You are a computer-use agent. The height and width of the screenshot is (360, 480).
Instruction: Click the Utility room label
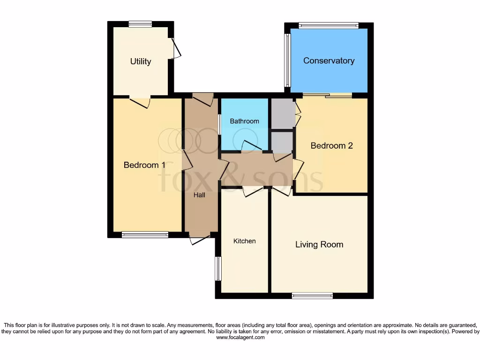(x=141, y=61)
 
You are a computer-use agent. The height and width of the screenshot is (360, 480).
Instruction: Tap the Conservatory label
(x=329, y=60)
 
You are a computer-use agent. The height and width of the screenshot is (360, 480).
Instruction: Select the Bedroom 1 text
(x=144, y=165)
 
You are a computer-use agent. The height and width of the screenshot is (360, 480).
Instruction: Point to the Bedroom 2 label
(x=332, y=146)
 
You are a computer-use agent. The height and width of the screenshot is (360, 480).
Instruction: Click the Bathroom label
(x=244, y=121)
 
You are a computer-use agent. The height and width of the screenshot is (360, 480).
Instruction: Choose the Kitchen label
(x=245, y=241)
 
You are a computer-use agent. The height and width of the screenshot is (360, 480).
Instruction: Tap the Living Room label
(x=319, y=244)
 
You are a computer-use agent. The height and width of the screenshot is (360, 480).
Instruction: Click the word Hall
(x=199, y=195)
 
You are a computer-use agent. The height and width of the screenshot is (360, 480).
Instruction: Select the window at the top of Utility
(x=141, y=24)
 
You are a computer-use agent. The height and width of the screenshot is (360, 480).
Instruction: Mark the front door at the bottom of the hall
(x=200, y=239)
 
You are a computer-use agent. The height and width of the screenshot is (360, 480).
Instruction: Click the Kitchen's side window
(x=218, y=269)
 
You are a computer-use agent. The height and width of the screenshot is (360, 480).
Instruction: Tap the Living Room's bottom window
(x=312, y=295)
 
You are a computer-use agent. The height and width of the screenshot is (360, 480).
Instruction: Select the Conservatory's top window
(x=329, y=26)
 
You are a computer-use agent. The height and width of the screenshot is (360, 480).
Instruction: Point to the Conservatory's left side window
(x=287, y=60)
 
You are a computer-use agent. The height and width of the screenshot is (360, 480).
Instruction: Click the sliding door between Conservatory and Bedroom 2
(x=327, y=96)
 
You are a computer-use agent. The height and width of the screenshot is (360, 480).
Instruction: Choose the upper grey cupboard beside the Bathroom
(x=281, y=114)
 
